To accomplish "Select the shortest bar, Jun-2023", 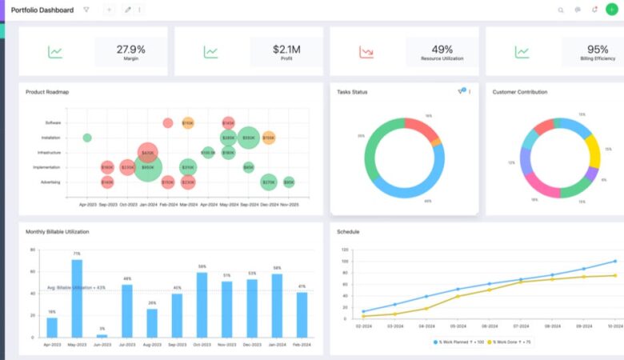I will tap(102, 335).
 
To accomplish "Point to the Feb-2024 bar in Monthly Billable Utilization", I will tap(302, 314).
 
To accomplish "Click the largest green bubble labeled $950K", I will tap(147, 167).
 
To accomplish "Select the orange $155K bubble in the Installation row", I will tap(269, 138).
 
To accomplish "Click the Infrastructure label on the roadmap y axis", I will tap(49, 153).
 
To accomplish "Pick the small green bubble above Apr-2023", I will tap(87, 138).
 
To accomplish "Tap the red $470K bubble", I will tap(147, 152).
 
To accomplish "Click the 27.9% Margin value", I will tap(130, 49).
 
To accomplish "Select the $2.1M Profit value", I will tap(286, 49).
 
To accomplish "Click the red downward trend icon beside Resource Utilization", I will tap(366, 53).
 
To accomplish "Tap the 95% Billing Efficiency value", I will tap(598, 49).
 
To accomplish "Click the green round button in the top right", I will tap(612, 10).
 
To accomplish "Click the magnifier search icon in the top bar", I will tap(560, 10).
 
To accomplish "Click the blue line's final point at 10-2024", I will tap(614, 261).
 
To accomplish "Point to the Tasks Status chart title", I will tap(352, 92).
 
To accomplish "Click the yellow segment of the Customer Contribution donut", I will tap(592, 150).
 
